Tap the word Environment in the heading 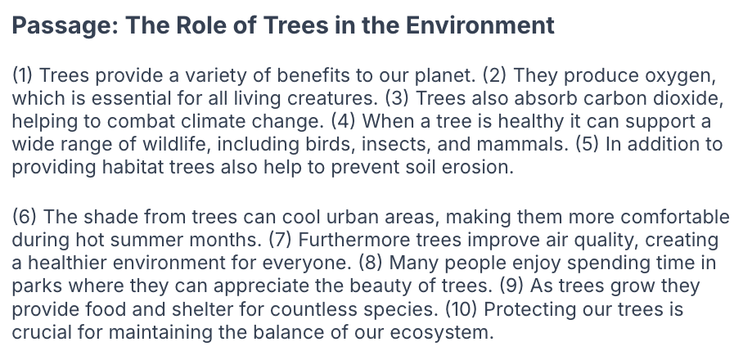coord(480,25)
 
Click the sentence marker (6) coord(25,217)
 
